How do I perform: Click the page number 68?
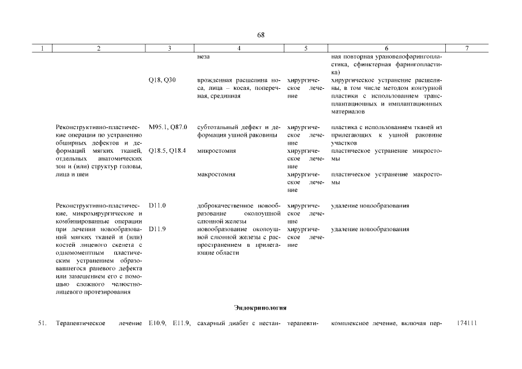tap(261, 35)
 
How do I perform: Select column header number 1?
tap(42, 49)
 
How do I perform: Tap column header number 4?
tap(239, 49)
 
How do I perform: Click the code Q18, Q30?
tap(162, 80)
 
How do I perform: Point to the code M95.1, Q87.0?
tap(167, 127)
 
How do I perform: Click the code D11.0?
tap(157, 205)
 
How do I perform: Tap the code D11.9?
tap(157, 229)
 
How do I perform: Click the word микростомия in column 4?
tap(216, 150)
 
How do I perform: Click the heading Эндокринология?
tap(261, 307)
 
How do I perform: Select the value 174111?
tap(466, 323)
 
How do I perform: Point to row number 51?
tap(42, 323)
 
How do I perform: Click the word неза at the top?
tap(204, 57)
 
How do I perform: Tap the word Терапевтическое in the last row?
tap(80, 323)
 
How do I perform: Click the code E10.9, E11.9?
tap(169, 323)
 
